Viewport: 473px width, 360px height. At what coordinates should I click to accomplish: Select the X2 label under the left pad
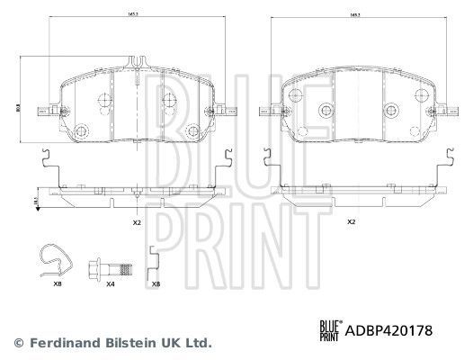pyautogui.click(x=137, y=221)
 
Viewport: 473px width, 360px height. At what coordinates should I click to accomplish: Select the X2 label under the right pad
pyautogui.click(x=352, y=221)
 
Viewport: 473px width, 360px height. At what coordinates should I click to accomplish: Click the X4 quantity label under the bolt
pyautogui.click(x=111, y=284)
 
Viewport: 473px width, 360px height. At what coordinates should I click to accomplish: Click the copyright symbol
pyautogui.click(x=18, y=343)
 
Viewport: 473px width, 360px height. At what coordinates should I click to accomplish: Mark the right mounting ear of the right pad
pyautogui.click(x=441, y=112)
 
